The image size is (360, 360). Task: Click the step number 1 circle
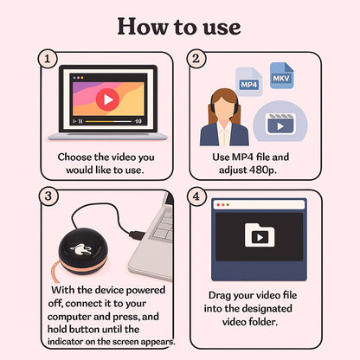48,59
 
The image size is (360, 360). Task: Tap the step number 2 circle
196,59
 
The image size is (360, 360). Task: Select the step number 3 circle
48,196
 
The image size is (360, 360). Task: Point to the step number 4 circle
196,196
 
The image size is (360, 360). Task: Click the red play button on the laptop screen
107,100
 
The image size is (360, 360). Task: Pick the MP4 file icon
248,81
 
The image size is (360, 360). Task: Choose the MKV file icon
281,75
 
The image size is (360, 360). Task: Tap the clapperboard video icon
280,124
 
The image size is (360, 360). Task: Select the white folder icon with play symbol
260,235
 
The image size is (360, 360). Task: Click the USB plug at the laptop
137,235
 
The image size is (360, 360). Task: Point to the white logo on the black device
81,249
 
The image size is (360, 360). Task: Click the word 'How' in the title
143,27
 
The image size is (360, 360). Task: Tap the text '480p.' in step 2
261,170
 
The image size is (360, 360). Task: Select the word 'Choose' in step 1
74,157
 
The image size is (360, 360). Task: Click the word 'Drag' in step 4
220,295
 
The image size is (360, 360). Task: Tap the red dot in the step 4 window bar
218,205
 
